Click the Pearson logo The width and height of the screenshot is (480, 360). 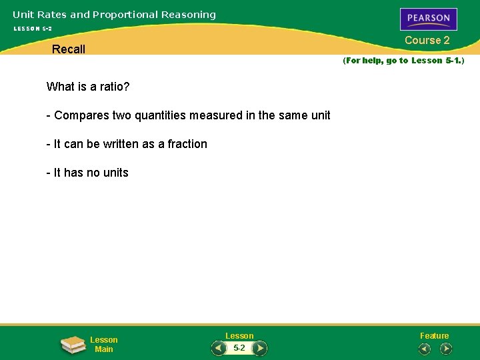click(428, 19)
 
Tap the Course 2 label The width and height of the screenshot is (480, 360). click(427, 41)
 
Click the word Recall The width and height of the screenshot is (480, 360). click(69, 49)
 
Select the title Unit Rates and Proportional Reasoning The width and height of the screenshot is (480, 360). click(114, 15)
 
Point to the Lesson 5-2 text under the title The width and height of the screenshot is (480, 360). click(33, 29)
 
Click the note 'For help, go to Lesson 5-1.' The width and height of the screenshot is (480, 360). click(403, 61)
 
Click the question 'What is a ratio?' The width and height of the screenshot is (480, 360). click(88, 87)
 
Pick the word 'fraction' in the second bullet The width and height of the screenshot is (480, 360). click(186, 144)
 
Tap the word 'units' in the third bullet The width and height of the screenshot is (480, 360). click(115, 173)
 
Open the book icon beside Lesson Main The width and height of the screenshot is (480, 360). click(73, 345)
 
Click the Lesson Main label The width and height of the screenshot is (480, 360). click(104, 345)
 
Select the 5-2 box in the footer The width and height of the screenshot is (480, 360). click(239, 348)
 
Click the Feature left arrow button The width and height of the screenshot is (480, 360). click(424, 349)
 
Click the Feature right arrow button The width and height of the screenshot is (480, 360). click(446, 349)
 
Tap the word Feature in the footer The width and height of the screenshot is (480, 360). click(434, 336)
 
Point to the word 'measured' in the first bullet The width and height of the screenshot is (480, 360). click(216, 115)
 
